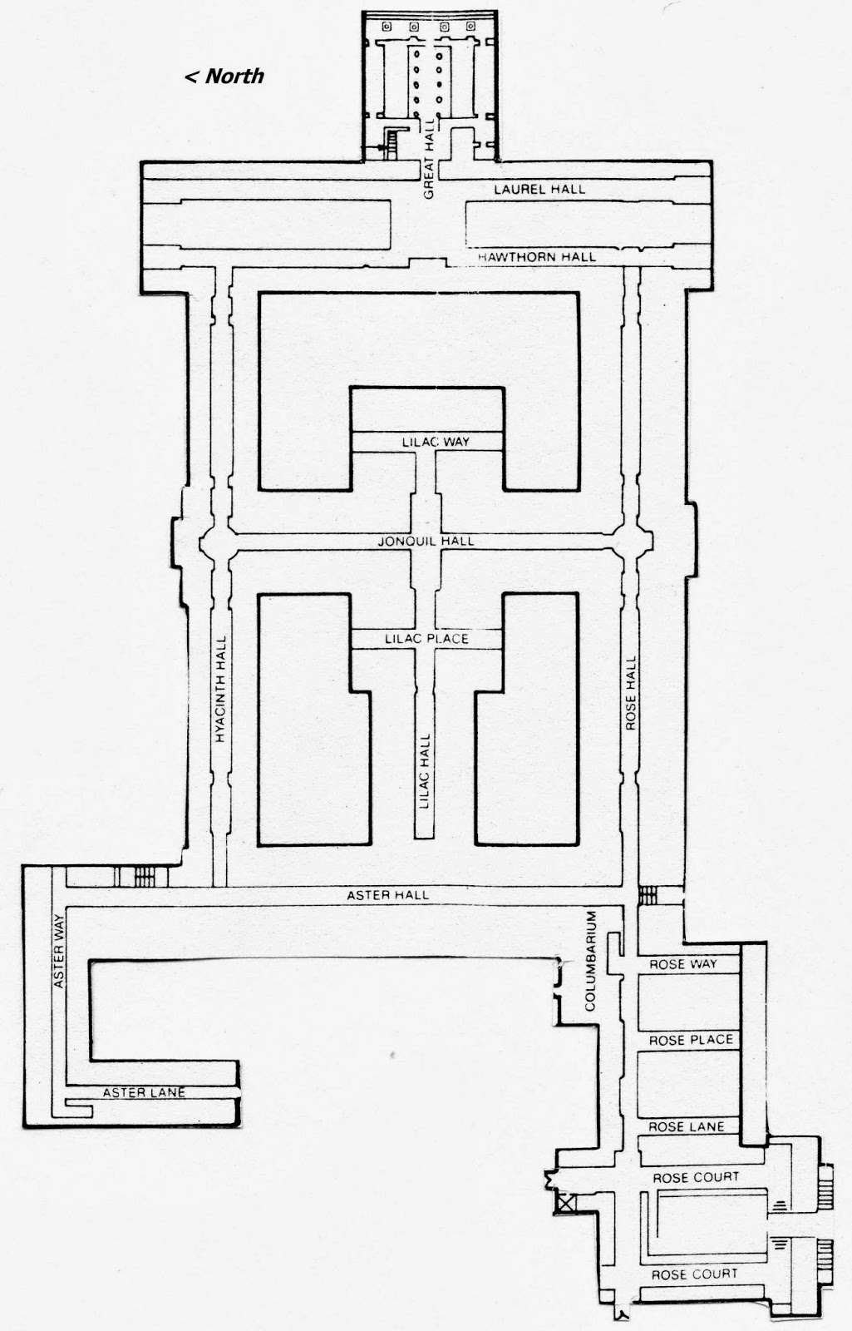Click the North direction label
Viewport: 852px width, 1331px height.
(x=224, y=76)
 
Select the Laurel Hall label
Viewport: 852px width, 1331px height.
(x=539, y=189)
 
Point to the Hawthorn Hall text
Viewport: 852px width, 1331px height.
(x=536, y=257)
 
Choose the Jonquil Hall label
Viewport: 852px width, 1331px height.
(x=426, y=541)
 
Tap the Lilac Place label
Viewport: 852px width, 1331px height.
(x=426, y=639)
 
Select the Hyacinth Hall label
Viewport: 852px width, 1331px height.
(x=221, y=690)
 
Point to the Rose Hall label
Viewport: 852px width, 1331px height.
(x=631, y=693)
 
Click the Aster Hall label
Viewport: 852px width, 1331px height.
(x=387, y=895)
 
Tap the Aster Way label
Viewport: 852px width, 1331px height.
(x=59, y=952)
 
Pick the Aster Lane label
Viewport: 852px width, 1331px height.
(x=144, y=1092)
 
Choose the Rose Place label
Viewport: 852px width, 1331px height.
(x=691, y=1040)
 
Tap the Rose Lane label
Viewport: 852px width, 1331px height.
(x=686, y=1126)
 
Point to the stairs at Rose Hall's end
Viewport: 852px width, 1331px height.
(x=648, y=894)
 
